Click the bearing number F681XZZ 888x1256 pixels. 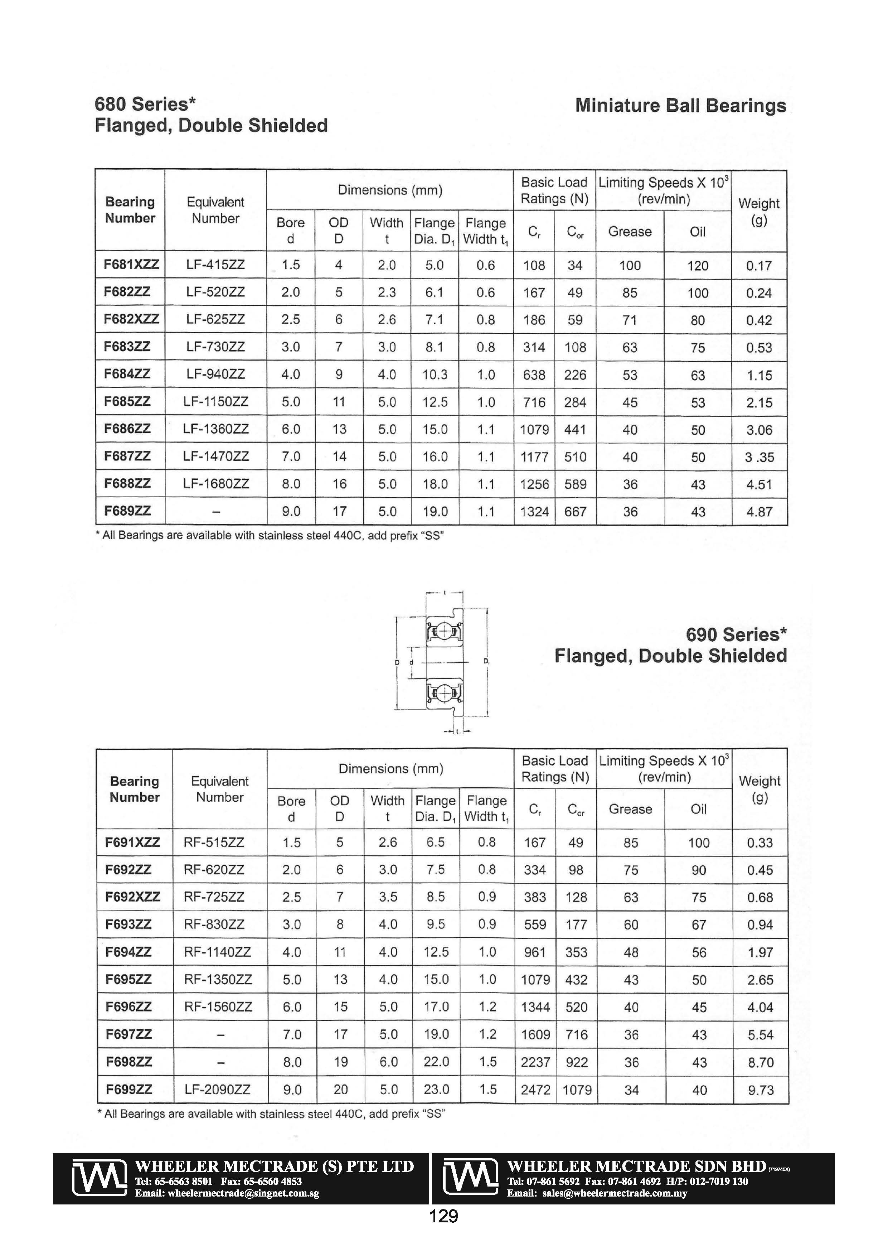[131, 265]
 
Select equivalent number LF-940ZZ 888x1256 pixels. [215, 374]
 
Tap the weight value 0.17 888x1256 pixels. [759, 266]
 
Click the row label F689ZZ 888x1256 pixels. [127, 511]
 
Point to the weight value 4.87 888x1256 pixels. [759, 512]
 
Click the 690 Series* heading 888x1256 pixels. [736, 634]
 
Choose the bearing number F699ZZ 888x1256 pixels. [129, 1089]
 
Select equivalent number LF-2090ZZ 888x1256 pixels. [217, 1089]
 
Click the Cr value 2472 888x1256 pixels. [535, 1090]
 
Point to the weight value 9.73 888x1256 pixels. [761, 1090]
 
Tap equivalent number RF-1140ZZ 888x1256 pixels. [218, 952]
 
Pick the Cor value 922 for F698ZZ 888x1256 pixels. [576, 1062]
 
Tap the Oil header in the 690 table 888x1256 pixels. [698, 809]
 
